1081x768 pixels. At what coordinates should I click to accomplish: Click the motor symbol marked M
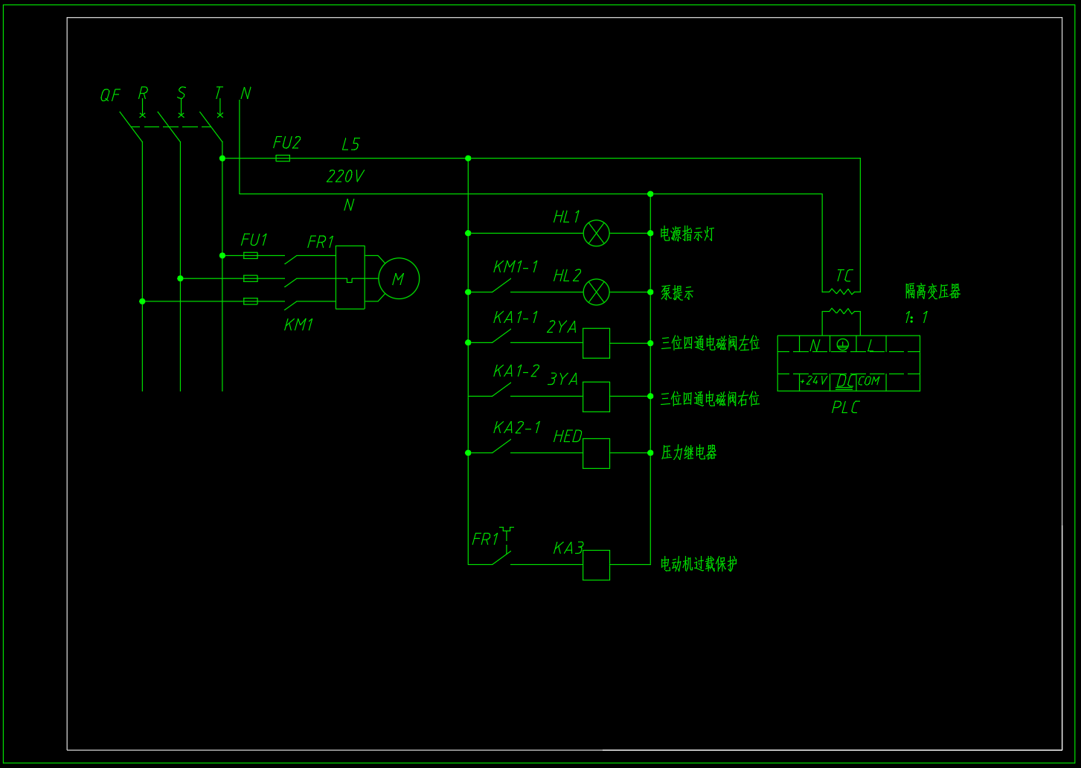(399, 278)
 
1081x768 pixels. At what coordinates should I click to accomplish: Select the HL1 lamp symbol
(596, 233)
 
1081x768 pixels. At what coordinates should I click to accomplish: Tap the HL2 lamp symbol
(596, 292)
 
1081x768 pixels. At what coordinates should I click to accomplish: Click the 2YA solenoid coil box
(596, 343)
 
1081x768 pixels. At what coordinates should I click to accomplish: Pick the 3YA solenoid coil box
(596, 397)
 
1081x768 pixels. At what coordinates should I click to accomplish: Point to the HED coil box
(596, 453)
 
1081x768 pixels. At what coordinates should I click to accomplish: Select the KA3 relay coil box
(596, 565)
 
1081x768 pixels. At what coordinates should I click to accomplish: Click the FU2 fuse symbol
(283, 159)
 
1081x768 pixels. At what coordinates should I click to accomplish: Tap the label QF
(110, 95)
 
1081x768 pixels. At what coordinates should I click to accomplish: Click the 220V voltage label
(345, 176)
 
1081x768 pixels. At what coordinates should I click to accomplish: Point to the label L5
(350, 144)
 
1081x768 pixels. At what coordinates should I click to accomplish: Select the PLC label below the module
(845, 408)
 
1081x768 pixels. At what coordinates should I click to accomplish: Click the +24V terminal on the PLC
(813, 381)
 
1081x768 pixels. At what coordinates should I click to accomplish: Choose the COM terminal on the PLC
(868, 381)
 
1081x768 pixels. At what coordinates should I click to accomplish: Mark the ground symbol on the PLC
(842, 345)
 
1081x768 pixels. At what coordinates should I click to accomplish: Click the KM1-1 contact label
(516, 267)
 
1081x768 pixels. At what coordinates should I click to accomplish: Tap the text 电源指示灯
(687, 234)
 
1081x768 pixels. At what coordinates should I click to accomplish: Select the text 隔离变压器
(933, 292)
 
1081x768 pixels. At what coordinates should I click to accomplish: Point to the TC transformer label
(844, 276)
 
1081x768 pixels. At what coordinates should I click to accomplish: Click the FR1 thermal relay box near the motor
(350, 277)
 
